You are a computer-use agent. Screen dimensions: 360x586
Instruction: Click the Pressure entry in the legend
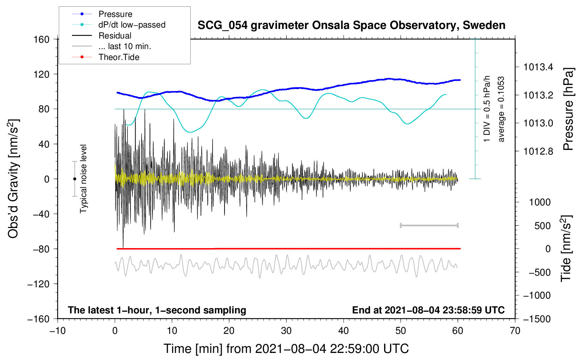pos(115,14)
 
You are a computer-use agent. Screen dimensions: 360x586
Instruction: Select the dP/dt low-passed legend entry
pos(132,25)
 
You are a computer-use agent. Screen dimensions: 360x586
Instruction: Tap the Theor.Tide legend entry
pos(119,57)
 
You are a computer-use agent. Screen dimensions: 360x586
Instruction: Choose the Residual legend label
pos(115,36)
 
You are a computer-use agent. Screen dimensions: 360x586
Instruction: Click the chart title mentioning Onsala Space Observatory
pos(351,25)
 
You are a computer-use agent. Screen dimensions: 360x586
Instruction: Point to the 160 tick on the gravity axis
pos(42,39)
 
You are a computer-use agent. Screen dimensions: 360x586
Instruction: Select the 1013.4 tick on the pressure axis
pos(538,67)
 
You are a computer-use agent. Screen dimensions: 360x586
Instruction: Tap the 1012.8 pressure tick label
pos(538,151)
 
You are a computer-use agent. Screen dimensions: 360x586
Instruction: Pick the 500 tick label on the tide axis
pos(543,226)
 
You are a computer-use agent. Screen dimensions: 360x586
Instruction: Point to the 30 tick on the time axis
pos(286,331)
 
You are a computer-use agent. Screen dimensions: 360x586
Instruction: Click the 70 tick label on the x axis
pos(515,331)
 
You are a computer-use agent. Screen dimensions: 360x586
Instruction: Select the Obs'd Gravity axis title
pos(13,179)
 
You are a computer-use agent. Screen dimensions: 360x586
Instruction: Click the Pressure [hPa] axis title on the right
pos(568,109)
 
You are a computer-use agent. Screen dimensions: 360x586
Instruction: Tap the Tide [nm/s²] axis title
pos(566,248)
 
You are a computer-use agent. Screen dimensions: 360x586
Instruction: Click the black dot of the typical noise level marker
pos(75,179)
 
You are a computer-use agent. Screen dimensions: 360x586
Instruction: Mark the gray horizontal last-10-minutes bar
pos(429,226)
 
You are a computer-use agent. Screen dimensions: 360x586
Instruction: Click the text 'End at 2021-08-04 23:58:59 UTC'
pos(428,310)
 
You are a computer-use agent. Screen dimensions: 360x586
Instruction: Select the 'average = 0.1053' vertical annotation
pos(501,109)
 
